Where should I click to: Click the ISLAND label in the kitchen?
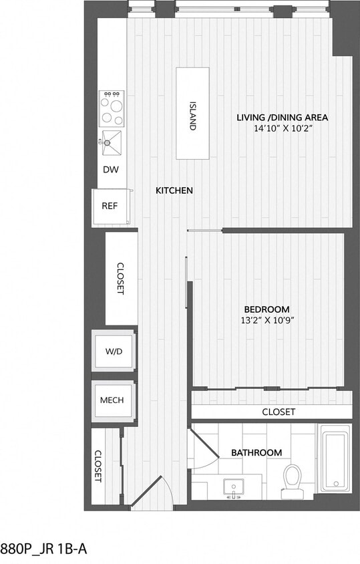click(x=192, y=116)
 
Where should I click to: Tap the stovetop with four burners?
click(x=112, y=109)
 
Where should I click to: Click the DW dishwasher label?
click(x=111, y=169)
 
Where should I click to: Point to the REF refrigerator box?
click(x=110, y=206)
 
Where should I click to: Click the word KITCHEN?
click(x=174, y=190)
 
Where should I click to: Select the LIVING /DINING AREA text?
click(x=282, y=118)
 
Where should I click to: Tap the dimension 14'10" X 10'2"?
click(x=282, y=129)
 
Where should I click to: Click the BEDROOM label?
click(x=266, y=309)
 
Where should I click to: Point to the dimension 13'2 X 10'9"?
click(x=266, y=320)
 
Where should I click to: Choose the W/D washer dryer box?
click(x=114, y=351)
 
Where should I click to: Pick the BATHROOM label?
click(x=256, y=452)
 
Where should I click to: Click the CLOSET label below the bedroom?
click(x=278, y=412)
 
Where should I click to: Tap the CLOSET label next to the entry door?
click(x=98, y=466)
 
